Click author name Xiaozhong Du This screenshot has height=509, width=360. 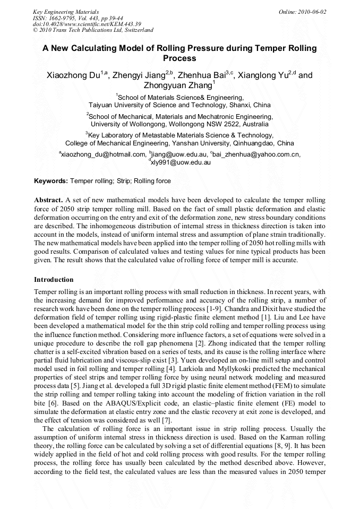73,75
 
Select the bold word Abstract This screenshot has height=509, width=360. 48,200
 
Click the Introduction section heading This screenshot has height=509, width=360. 54,279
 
